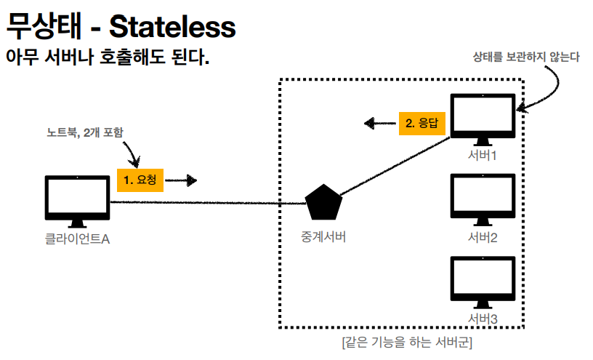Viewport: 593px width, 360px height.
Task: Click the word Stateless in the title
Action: coord(172,28)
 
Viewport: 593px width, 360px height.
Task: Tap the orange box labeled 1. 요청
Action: coord(140,180)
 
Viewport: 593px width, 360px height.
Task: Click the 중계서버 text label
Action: coord(323,236)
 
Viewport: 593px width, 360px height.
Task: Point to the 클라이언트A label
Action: coord(77,238)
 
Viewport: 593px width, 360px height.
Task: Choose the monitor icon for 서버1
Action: coord(483,119)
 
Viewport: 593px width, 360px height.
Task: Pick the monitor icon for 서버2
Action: coord(483,199)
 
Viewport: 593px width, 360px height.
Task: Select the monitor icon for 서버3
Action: coord(483,281)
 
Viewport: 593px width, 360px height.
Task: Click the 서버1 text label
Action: coord(483,156)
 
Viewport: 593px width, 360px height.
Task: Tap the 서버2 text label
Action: coord(483,238)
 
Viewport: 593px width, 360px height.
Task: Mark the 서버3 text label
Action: coord(483,319)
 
